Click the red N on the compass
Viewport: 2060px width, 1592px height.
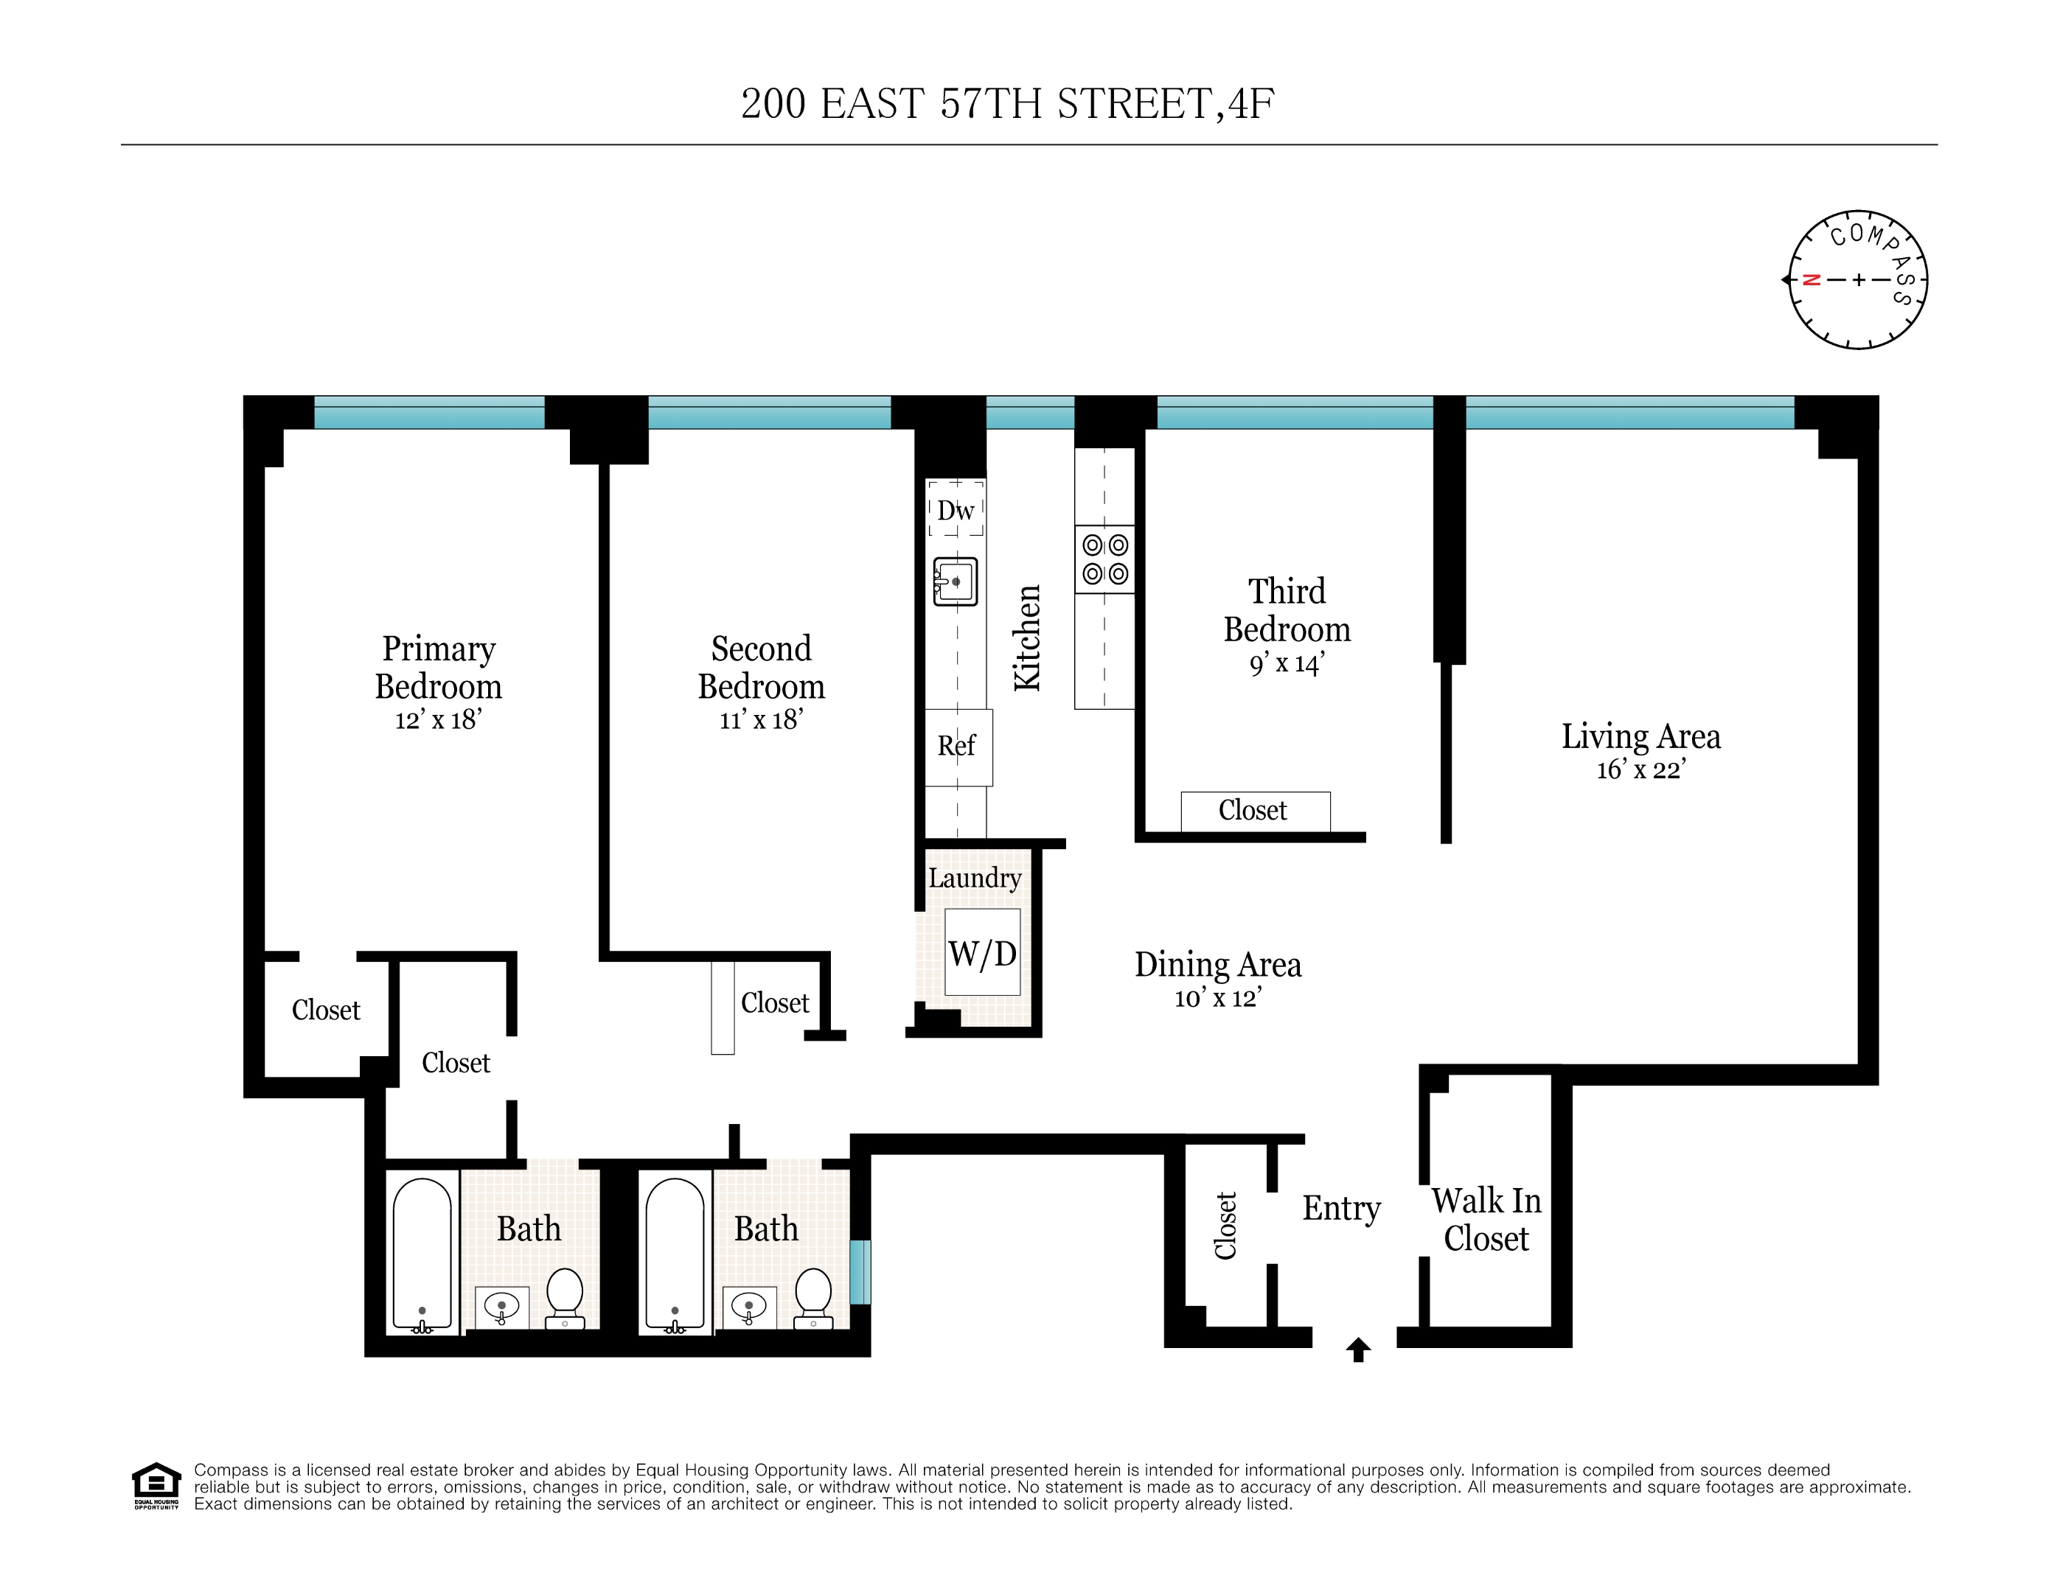tap(1810, 280)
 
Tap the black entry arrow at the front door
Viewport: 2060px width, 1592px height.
tap(1357, 1350)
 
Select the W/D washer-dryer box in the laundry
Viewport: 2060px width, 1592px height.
tap(982, 952)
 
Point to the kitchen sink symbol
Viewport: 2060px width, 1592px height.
tap(955, 581)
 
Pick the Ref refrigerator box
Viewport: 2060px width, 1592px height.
tap(957, 746)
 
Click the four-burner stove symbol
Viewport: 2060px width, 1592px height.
tap(1104, 559)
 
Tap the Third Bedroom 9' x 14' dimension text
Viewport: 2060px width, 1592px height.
tap(1287, 664)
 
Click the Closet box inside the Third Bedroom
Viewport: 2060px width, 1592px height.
tap(1254, 811)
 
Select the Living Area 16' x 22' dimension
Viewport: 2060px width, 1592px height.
tap(1640, 769)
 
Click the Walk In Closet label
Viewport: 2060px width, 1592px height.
tap(1486, 1220)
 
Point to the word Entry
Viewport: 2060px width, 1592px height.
tap(1340, 1208)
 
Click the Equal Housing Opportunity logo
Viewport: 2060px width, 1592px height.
tap(156, 1485)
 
